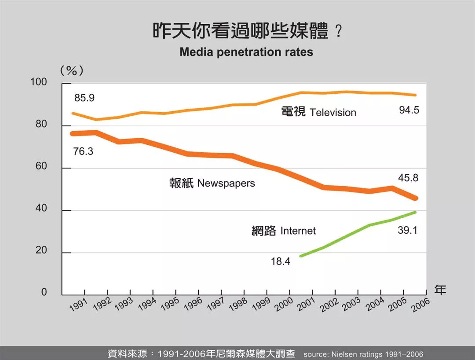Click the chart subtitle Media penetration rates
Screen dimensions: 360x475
[246, 52]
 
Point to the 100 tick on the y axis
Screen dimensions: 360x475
[38, 83]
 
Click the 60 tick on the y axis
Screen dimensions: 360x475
[41, 168]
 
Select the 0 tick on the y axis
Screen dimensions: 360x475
[44, 293]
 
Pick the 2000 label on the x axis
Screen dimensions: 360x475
[285, 304]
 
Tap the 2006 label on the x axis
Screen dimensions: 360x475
[421, 304]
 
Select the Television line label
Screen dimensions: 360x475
[318, 112]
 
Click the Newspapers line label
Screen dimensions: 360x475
[212, 183]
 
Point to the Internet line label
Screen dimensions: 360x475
[284, 231]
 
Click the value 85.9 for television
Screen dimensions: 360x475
[84, 98]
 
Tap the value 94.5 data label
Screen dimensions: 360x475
[409, 110]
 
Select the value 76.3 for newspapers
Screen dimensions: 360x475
[83, 151]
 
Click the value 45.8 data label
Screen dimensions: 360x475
[408, 178]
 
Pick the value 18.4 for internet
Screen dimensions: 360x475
[281, 261]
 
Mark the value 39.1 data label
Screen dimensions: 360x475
[408, 230]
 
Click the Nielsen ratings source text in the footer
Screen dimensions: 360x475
[363, 354]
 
